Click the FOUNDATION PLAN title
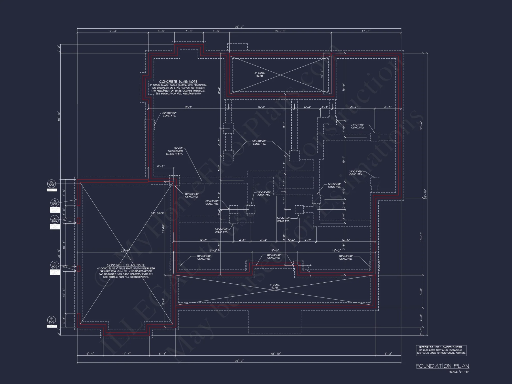click(442, 366)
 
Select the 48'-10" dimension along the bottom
click(275, 354)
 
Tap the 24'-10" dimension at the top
click(280, 31)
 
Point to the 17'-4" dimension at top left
click(113, 31)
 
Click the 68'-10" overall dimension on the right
click(425, 194)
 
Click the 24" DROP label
click(157, 213)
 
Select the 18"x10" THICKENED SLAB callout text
click(176, 151)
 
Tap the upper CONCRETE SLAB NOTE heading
click(178, 82)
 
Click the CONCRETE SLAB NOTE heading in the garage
click(126, 265)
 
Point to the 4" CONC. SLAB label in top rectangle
click(260, 74)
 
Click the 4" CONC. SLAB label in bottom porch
click(274, 286)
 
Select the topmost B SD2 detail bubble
click(51, 184)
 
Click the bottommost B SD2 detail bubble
click(51, 320)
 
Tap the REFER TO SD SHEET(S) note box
click(441, 350)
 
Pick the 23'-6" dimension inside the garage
click(125, 251)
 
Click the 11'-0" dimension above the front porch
click(274, 250)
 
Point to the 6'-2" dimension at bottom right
click(388, 354)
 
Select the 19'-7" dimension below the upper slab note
click(188, 107)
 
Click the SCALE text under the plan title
click(459, 372)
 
